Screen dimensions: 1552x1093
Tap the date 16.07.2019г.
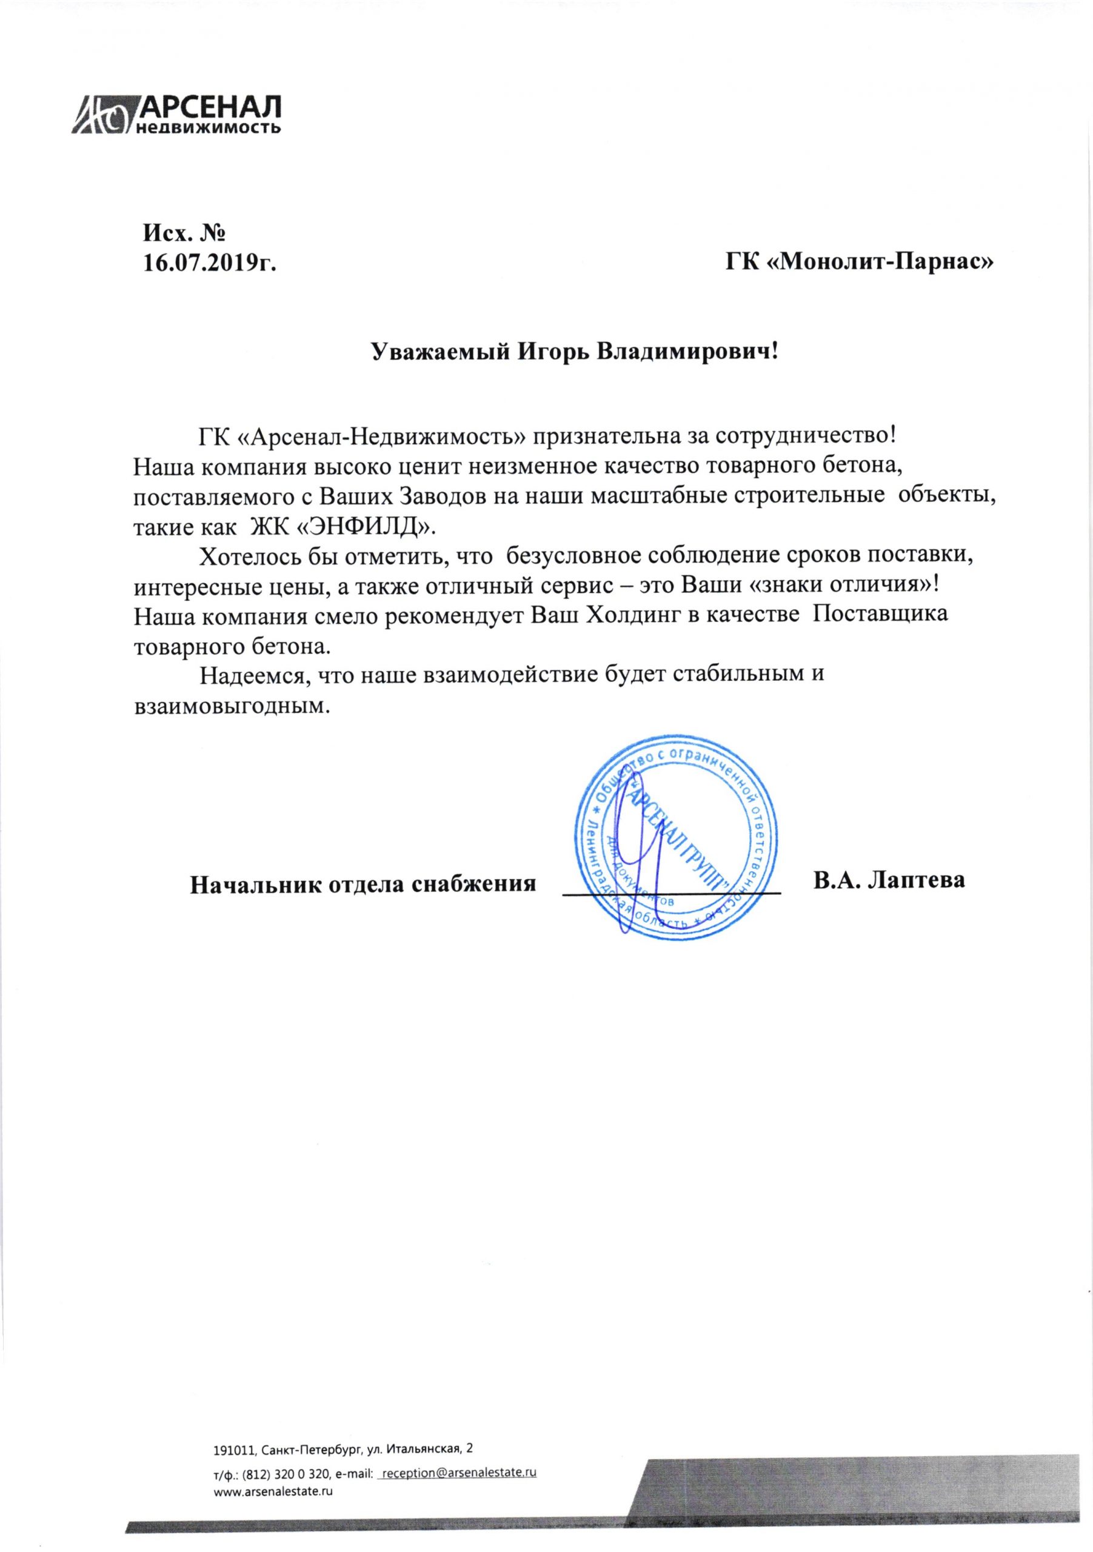210,263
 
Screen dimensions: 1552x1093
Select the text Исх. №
183,234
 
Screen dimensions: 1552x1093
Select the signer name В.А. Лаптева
889,881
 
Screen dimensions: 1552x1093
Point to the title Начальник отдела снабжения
363,884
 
